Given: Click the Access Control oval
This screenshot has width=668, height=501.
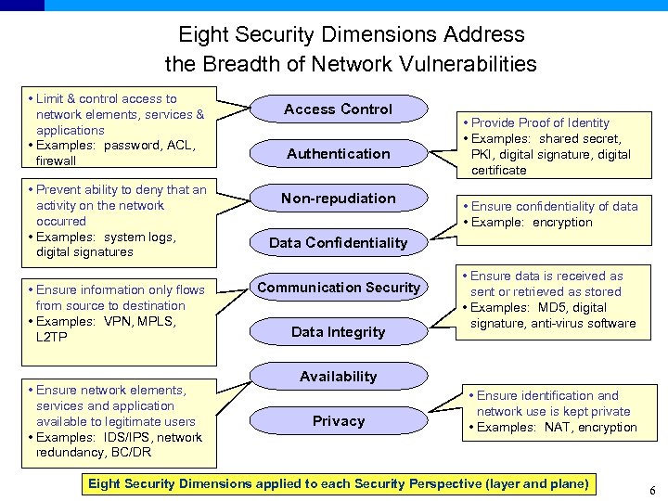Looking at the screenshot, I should click(x=338, y=109).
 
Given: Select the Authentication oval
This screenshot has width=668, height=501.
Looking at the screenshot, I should click(x=338, y=154).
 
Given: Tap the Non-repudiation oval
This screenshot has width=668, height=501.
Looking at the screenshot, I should click(x=338, y=199).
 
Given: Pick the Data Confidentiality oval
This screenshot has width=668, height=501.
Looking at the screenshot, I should click(x=338, y=243).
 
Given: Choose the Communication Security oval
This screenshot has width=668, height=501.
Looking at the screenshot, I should click(x=338, y=288).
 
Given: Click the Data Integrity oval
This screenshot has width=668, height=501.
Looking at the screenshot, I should click(x=338, y=332).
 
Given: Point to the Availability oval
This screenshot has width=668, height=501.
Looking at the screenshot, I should click(x=338, y=377).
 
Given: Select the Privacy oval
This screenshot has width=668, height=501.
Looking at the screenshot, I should click(x=338, y=421).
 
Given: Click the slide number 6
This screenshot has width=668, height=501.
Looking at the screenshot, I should click(x=652, y=492).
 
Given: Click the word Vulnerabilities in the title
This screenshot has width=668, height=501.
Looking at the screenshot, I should click(x=464, y=64).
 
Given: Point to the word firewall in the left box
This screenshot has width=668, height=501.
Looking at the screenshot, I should click(x=57, y=161).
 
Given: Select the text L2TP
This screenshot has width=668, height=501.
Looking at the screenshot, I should click(x=52, y=337).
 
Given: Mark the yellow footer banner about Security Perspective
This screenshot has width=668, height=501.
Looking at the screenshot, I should click(x=338, y=483).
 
